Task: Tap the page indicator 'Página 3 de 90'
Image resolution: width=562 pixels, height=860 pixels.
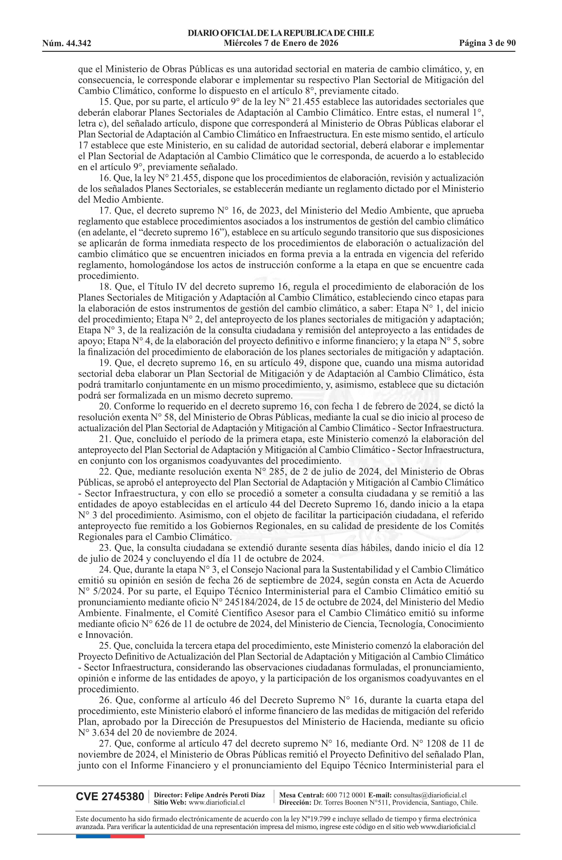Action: pos(487,43)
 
